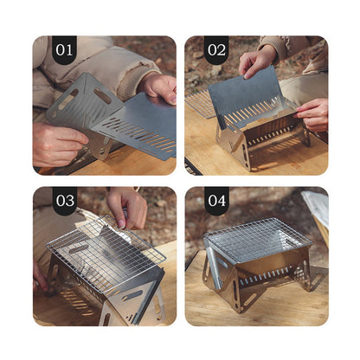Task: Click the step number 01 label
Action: [64, 50]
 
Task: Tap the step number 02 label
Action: [216, 50]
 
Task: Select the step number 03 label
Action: [65, 201]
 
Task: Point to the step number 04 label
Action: [217, 201]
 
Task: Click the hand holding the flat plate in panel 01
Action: [159, 87]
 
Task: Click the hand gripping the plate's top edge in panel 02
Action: [257, 61]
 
